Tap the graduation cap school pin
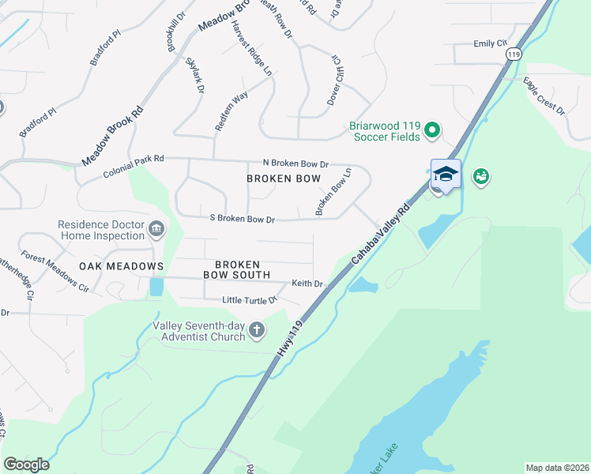point(446,174)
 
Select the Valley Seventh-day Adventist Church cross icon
point(256,329)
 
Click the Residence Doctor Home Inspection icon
point(156,230)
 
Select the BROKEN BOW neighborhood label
point(284,179)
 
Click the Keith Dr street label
point(307,284)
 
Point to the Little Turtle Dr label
point(250,300)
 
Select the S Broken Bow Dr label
point(241,219)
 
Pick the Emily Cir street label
point(489,43)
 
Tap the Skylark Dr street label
point(194,77)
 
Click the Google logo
point(26,465)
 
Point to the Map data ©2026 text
point(556,468)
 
